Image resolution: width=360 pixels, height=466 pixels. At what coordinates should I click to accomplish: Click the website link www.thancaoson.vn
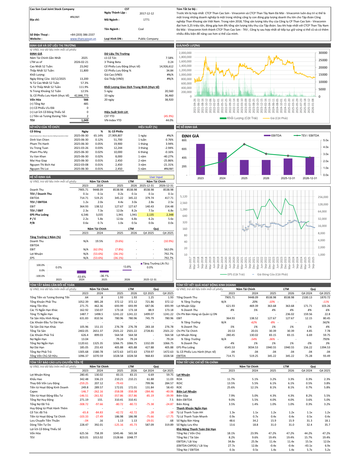tap(83, 39)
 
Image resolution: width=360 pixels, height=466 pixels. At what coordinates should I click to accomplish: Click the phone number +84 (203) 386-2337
tap(82, 35)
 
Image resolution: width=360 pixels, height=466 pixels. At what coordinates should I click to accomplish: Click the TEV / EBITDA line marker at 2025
tap(244, 144)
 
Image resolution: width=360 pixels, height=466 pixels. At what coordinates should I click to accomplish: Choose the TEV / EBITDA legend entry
tap(306, 136)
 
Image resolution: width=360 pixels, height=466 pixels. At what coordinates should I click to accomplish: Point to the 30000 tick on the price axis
tap(323, 53)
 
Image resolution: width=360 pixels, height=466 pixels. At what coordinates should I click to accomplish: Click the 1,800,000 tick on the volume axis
tap(185, 57)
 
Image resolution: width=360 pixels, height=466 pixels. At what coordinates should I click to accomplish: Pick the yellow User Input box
tap(156, 177)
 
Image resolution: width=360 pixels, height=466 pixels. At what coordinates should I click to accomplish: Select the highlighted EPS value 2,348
tap(169, 215)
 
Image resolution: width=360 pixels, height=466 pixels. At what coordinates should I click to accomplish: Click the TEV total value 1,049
tap(85, 120)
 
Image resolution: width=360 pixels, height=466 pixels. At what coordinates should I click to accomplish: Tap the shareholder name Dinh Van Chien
tap(40, 140)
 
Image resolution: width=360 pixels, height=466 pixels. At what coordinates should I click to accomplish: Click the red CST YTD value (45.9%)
tap(169, 116)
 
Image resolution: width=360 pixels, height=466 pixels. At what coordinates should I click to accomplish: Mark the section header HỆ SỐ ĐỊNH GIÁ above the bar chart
tap(187, 127)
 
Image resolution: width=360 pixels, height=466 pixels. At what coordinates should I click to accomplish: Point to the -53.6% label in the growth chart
tap(81, 277)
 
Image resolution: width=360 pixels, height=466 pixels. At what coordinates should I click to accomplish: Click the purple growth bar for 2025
tap(104, 272)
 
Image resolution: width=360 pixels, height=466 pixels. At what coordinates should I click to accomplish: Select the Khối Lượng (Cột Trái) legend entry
tap(239, 118)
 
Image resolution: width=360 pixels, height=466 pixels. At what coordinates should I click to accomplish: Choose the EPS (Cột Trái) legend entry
tap(233, 274)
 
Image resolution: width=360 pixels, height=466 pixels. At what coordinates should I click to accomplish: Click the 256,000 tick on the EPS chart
tap(323, 197)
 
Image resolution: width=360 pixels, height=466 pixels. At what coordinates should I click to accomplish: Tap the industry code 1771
tap(146, 20)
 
